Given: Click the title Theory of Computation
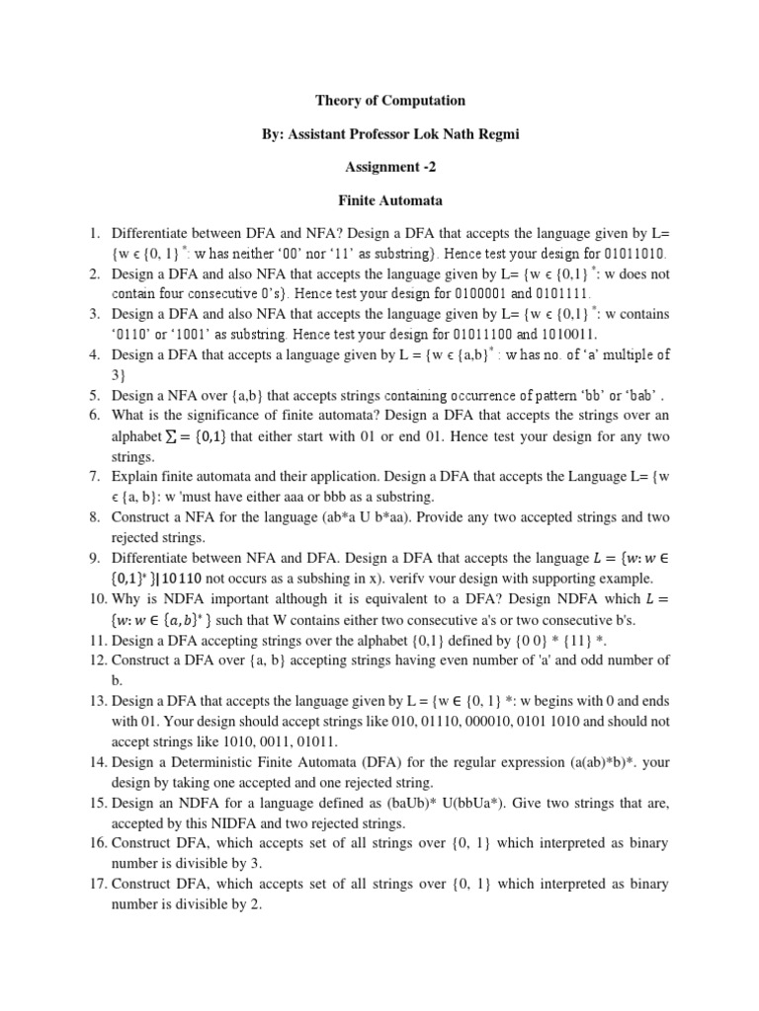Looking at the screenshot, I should (389, 101).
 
